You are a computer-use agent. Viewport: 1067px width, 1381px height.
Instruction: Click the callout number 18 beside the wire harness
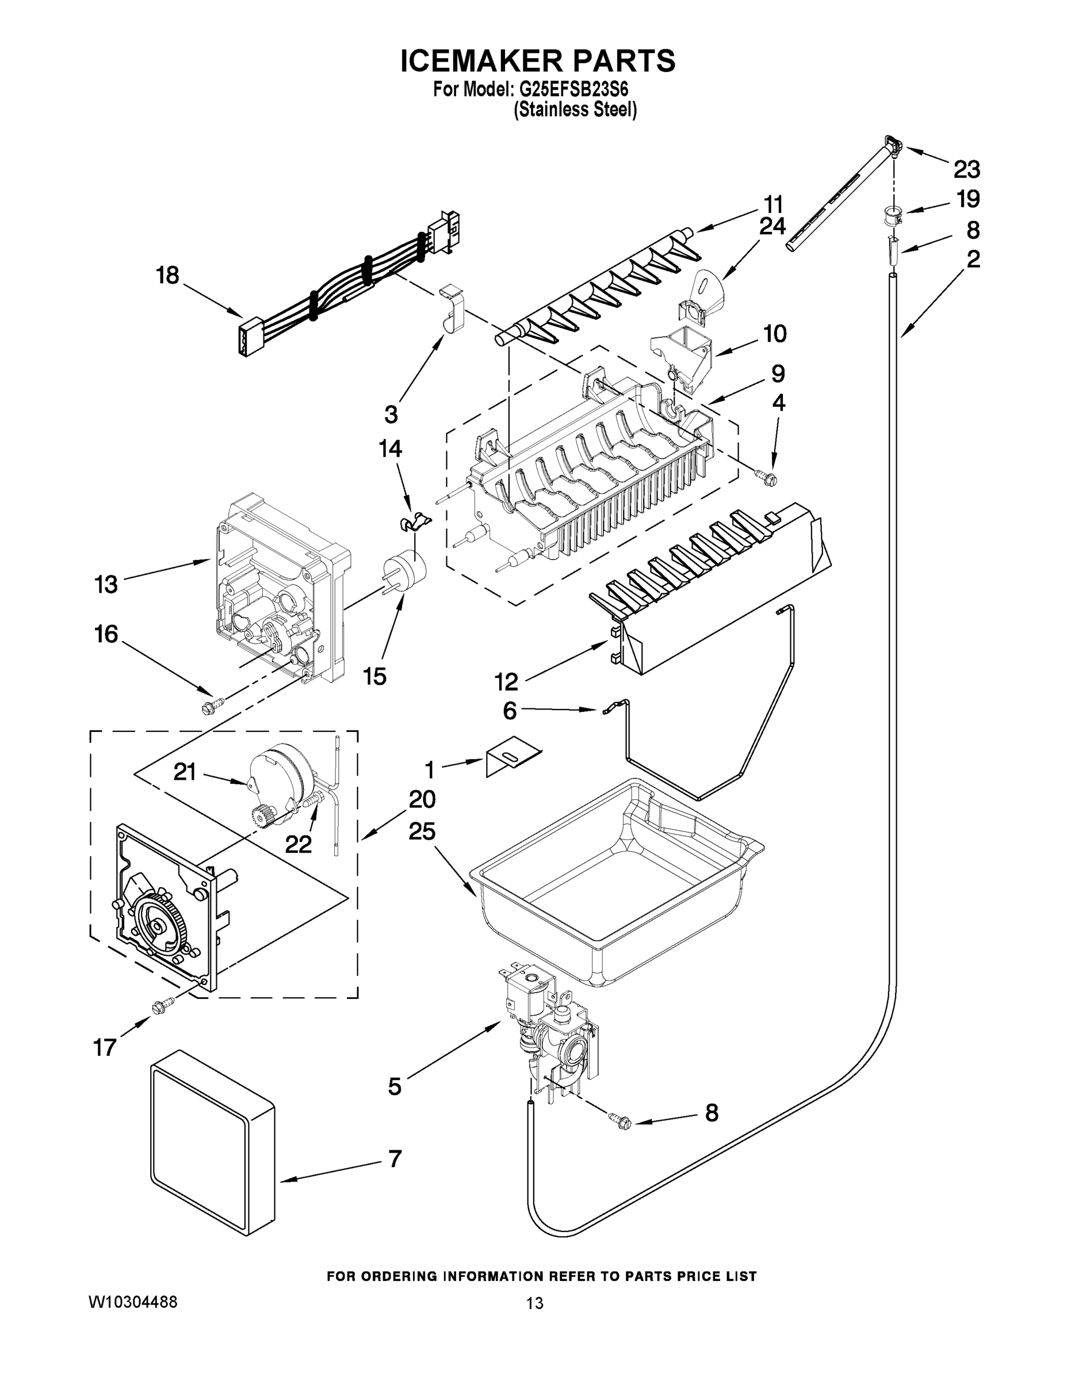pyautogui.click(x=167, y=276)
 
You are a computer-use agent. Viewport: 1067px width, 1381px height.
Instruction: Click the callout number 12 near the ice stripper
pyautogui.click(x=506, y=681)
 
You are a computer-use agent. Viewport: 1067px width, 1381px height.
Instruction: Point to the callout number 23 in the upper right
pyautogui.click(x=966, y=170)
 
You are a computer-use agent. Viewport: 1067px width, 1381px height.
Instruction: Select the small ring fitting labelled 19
pyautogui.click(x=893, y=215)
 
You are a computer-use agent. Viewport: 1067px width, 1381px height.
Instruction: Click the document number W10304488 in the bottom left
pyautogui.click(x=132, y=1302)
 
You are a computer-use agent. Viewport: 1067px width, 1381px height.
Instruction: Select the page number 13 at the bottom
pyautogui.click(x=534, y=1303)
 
